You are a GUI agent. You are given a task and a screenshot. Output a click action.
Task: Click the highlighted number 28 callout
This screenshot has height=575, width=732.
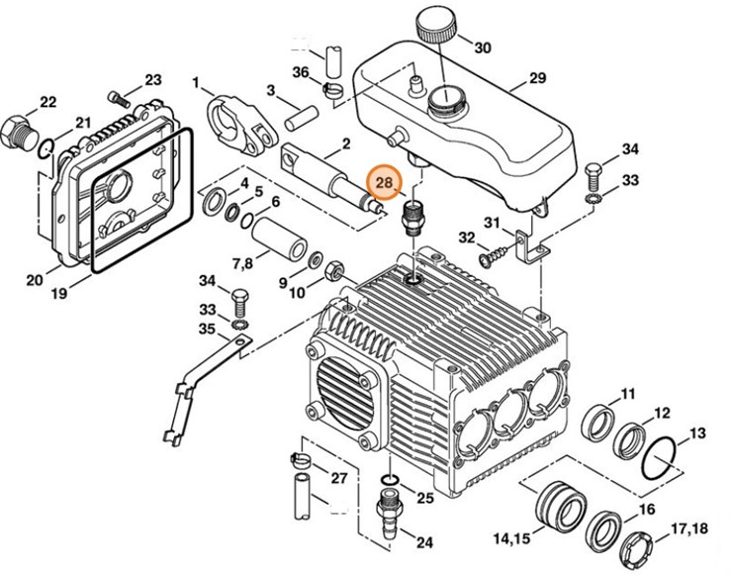384,183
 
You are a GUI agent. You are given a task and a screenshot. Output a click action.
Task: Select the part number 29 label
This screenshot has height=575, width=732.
537,77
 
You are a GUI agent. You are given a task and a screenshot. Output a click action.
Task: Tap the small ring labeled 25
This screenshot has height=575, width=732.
390,480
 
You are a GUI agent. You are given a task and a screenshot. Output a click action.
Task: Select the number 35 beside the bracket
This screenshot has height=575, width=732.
207,329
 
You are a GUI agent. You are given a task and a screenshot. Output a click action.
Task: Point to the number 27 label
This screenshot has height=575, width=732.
339,479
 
